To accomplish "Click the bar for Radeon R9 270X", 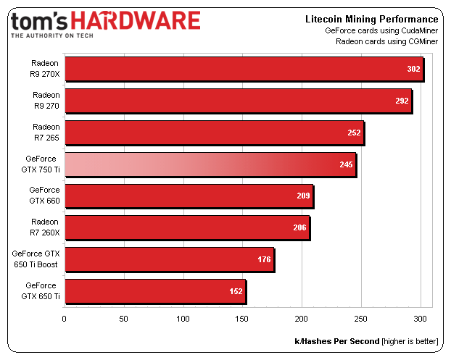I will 244,70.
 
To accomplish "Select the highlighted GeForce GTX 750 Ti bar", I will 210,164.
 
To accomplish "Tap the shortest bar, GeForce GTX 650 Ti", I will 155,291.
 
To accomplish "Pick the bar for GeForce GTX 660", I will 189,196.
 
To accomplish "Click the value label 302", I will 413,70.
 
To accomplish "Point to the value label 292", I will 402,101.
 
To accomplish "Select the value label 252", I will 355,133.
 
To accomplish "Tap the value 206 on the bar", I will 299,228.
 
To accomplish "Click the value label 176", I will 264,259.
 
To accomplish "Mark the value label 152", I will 236,291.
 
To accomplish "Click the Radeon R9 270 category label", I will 46,101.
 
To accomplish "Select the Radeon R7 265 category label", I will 46,133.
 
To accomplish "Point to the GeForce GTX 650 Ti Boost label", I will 36,259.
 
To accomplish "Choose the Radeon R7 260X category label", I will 46,227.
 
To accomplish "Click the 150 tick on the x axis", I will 243,318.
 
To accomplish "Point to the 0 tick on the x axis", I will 65,318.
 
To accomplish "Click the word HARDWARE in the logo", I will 136,20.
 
